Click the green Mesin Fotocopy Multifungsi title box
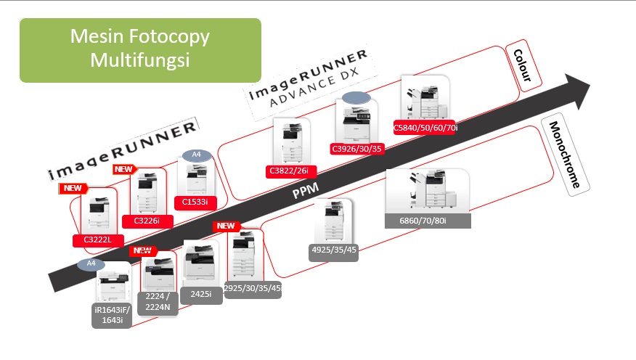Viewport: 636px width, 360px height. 140,49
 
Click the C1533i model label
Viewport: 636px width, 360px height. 195,201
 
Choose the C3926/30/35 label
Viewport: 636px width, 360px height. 356,149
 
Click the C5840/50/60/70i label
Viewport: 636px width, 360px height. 425,128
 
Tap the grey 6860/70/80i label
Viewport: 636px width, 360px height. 428,221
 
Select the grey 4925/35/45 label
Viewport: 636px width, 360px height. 333,250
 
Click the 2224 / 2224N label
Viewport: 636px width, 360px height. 158,301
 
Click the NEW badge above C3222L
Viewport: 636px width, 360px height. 73,188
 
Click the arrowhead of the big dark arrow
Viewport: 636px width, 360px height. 581,89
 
